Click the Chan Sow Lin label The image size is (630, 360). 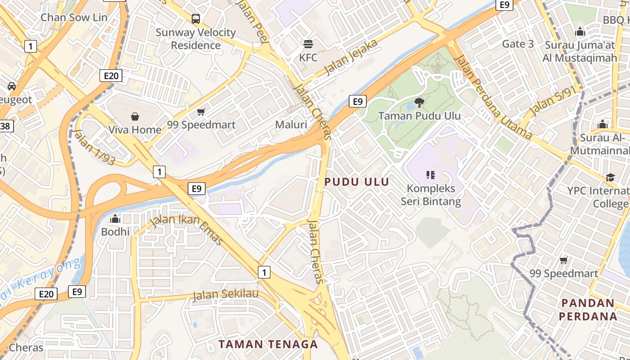74,18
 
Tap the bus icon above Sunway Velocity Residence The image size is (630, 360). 196,19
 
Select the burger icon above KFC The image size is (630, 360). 308,44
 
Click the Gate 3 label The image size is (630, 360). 518,44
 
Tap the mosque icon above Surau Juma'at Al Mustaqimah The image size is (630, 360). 580,32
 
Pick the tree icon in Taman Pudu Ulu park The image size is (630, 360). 419,102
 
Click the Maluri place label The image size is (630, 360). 291,125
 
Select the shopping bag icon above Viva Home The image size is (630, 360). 135,117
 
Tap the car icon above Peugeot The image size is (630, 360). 12,86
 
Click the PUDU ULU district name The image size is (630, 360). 356,182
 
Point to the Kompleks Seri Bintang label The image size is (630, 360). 431,194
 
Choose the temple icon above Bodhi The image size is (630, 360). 115,219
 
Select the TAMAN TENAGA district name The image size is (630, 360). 268,345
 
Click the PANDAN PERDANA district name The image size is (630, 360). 588,309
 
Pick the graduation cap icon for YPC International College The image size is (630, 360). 610,177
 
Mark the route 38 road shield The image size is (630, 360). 5,126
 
